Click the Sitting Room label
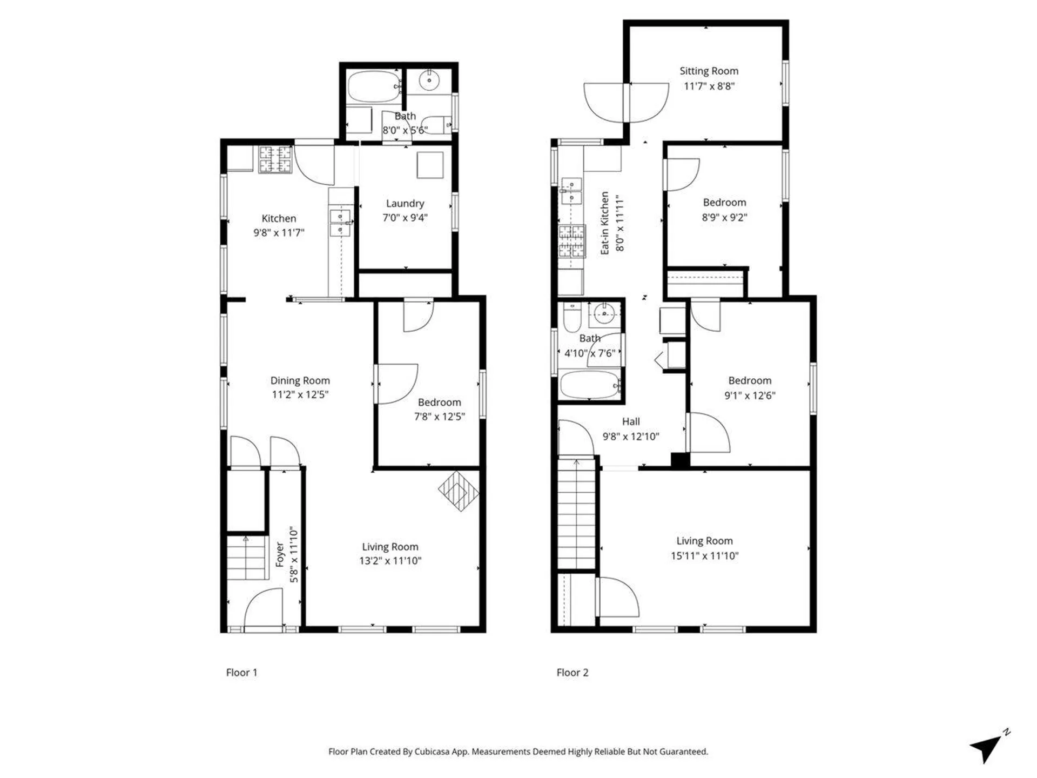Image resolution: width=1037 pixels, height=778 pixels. coord(709,71)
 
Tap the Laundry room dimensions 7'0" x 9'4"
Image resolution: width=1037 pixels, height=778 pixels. coord(405,218)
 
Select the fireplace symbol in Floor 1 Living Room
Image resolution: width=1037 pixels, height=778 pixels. coord(459,491)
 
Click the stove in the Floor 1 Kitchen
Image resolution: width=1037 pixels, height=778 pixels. coord(275,159)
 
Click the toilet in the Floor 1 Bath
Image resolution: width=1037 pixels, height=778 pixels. coord(435,125)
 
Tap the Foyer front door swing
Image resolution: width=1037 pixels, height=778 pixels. coord(264,609)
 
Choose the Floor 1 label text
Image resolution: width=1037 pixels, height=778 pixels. coord(241,673)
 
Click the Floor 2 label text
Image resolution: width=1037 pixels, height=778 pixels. coord(572,673)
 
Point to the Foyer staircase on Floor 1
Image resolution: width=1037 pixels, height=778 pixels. coord(247,558)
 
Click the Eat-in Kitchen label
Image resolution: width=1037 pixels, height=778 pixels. coord(604,223)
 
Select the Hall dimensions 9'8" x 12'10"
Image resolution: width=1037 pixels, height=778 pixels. coord(631,437)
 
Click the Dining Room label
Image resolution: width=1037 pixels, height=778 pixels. coord(300,380)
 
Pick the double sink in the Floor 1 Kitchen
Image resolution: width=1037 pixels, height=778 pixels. coord(340,223)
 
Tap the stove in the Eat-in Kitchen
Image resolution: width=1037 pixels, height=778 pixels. coord(571,241)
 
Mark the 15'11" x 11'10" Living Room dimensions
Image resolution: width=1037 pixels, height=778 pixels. coord(704,556)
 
